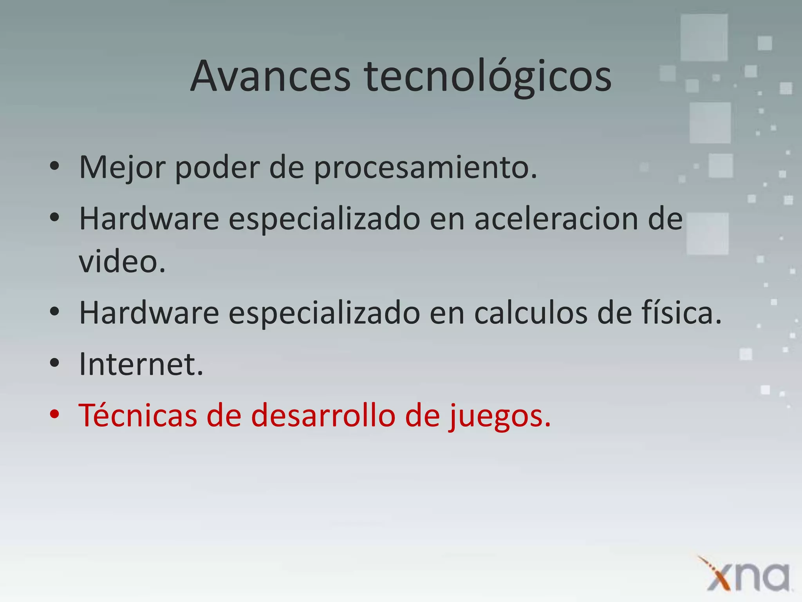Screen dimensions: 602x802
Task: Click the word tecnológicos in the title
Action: point(488,78)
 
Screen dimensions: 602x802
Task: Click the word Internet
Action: point(141,364)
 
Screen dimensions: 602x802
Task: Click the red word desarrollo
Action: point(323,415)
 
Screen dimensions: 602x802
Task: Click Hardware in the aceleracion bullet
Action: point(149,219)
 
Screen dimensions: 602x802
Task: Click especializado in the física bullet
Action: point(324,314)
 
